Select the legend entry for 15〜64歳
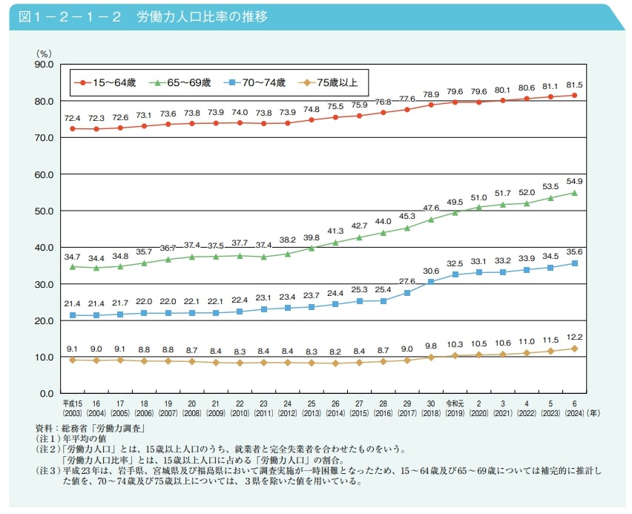[x=105, y=82]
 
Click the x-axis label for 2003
[x=72, y=411]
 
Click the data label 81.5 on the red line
[x=575, y=85]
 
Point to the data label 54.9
[x=575, y=182]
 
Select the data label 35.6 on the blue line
[x=575, y=252]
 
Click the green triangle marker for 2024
[x=575, y=193]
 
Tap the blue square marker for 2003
[x=73, y=315]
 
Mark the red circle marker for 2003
[x=73, y=128]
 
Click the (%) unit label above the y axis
[x=44, y=53]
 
